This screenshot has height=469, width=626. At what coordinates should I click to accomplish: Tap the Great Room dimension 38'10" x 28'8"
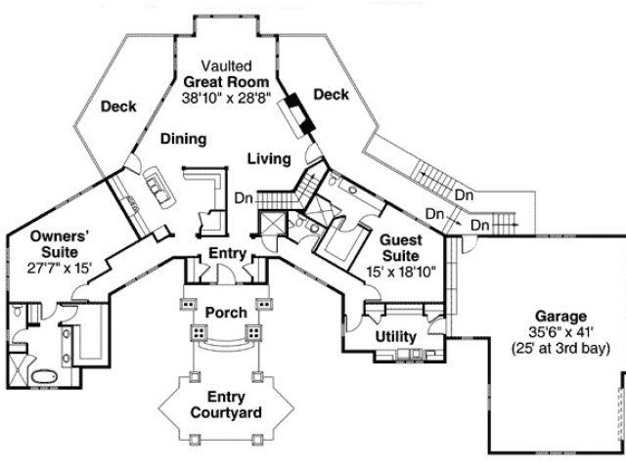pyautogui.click(x=227, y=98)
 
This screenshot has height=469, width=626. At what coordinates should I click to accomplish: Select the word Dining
pyautogui.click(x=183, y=139)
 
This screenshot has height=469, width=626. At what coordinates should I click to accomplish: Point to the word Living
pyautogui.click(x=268, y=158)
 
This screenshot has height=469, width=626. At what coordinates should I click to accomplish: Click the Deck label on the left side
pyautogui.click(x=119, y=106)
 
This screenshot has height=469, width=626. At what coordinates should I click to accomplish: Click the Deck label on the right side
pyautogui.click(x=331, y=94)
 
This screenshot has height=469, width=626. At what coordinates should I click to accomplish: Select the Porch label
pyautogui.click(x=225, y=312)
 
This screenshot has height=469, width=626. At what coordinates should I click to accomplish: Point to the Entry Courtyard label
pyautogui.click(x=226, y=405)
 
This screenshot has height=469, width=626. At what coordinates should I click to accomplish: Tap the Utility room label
pyautogui.click(x=396, y=337)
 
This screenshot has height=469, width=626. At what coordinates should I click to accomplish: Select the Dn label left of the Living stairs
pyautogui.click(x=245, y=198)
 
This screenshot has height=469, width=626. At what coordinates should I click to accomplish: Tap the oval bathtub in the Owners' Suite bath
pyautogui.click(x=45, y=376)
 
